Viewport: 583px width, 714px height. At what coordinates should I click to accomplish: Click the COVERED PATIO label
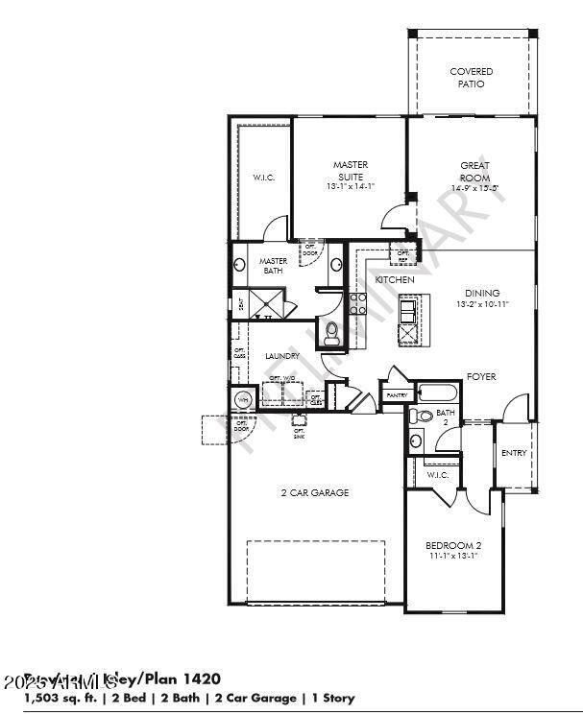pos(472,78)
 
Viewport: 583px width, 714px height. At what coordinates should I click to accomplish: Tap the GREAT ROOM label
pos(474,171)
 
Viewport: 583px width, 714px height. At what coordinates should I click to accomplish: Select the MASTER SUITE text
pos(351,171)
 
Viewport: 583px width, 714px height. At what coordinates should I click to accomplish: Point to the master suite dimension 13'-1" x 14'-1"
pos(351,186)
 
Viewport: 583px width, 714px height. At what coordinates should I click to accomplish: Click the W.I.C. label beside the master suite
pos(264,177)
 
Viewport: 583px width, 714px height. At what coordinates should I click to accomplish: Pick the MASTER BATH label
pos(274,265)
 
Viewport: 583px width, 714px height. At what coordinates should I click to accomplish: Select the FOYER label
pos(481,377)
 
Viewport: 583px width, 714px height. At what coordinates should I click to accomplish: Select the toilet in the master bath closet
pos(331,333)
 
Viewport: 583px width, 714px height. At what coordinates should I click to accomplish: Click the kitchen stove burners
pos(357,304)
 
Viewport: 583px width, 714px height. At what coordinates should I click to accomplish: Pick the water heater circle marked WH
pos(242,399)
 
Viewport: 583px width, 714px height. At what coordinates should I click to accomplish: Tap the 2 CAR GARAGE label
pos(314,492)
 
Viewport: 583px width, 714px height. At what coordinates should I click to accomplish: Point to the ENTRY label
pos(514,453)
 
